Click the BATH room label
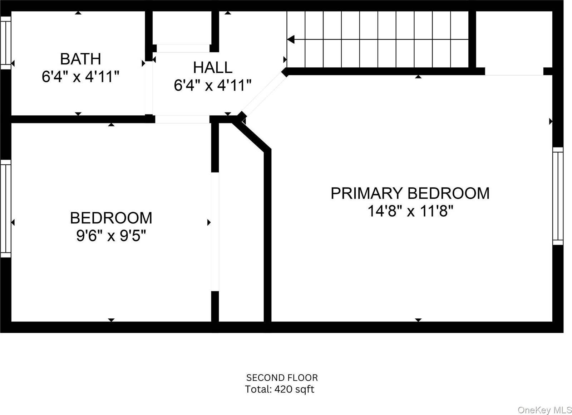click(x=80, y=59)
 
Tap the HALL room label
click(x=213, y=68)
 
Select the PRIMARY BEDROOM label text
click(x=410, y=193)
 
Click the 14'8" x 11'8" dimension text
click(x=410, y=211)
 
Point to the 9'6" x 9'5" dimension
click(x=111, y=236)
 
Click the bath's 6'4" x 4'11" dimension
click(x=80, y=77)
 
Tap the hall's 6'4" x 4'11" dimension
click(x=213, y=85)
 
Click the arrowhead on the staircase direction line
click(x=291, y=40)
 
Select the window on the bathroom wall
click(x=6, y=43)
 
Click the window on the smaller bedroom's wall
click(x=6, y=209)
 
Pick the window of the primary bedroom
click(x=558, y=196)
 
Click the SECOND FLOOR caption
click(x=282, y=378)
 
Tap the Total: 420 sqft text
click(x=280, y=390)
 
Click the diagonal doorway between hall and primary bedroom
click(x=264, y=95)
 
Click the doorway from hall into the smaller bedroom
click(x=182, y=119)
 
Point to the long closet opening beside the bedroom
click(x=215, y=232)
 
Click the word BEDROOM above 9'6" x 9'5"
click(x=111, y=218)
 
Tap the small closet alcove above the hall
click(x=182, y=29)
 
